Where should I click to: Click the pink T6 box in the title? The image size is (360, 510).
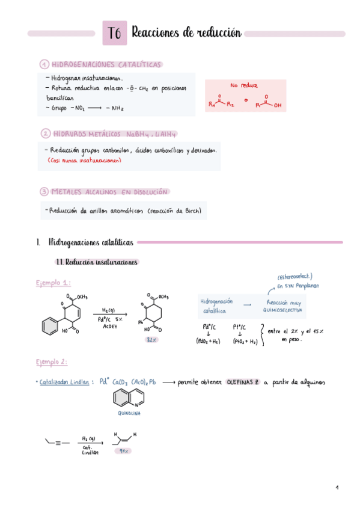coord(115,34)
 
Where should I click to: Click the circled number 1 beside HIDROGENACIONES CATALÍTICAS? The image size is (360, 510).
coord(44,64)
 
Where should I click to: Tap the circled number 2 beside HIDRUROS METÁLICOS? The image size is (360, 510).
coord(45,133)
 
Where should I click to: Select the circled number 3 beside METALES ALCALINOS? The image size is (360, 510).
coord(44,192)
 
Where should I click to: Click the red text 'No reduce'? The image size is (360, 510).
coord(243,86)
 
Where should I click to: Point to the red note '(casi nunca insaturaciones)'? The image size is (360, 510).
coord(84,161)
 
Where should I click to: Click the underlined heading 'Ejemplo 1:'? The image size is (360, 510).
coord(52,283)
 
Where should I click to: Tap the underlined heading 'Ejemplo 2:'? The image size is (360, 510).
coord(52,362)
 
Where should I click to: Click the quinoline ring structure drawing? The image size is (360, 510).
coord(126,398)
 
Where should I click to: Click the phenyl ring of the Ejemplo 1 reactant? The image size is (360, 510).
coord(49,326)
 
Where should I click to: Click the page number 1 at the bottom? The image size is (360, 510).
coord(337,487)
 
